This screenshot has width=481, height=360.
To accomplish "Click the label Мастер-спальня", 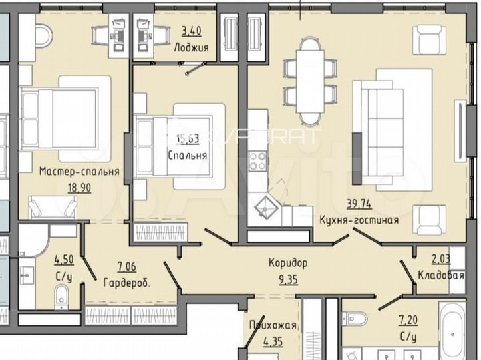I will click(79, 172).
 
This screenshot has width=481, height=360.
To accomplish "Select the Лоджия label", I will click(192, 48).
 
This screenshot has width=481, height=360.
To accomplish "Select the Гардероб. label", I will click(126, 282).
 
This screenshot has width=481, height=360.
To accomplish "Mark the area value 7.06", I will click(126, 268).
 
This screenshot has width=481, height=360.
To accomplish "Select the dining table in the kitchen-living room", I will click(309, 81).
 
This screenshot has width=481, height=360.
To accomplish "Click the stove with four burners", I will click(258, 160).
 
